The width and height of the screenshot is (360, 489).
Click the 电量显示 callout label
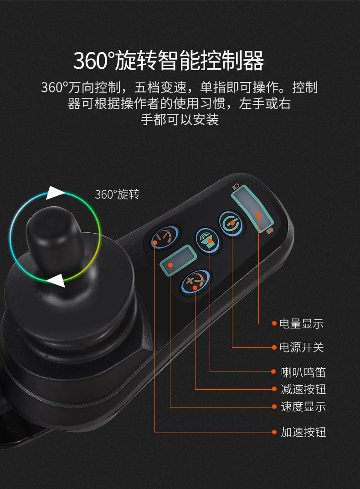pos(301,324)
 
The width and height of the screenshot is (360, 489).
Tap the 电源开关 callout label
pos(301,347)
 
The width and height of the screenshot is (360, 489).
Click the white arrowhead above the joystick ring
pos(56,193)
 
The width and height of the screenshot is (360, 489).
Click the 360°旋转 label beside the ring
pos(117,194)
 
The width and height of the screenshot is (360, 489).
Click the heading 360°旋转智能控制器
pos(169,61)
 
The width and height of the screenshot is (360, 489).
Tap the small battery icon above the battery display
pos(235,186)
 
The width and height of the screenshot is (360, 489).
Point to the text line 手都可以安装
pos(180,119)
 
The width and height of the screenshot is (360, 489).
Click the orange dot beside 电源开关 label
pos(274,347)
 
